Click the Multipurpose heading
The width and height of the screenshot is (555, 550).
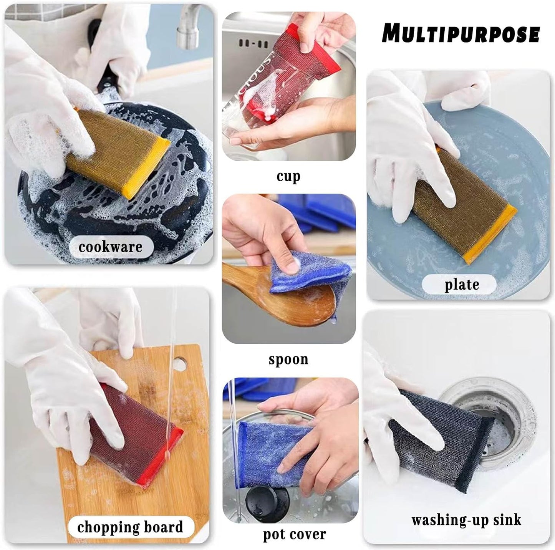point(461,33)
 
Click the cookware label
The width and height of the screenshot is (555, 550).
point(110,247)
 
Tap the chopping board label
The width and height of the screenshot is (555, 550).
point(130,527)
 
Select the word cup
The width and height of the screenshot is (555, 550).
point(288,176)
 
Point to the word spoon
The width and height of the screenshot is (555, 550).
point(288,359)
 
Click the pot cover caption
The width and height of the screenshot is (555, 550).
point(294,534)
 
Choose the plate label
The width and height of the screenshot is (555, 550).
point(462,285)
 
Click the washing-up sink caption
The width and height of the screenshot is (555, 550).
point(466,520)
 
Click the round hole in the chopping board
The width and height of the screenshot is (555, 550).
point(181,362)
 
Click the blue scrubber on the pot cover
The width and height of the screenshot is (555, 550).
point(261,449)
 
